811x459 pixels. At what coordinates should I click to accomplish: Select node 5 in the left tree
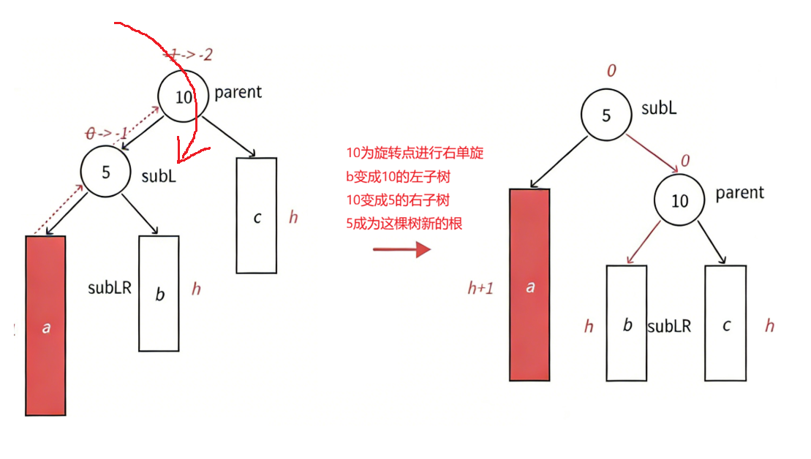(x=106, y=172)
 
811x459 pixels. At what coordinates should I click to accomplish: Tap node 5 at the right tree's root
(x=606, y=115)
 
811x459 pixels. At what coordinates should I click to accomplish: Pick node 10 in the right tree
(x=680, y=200)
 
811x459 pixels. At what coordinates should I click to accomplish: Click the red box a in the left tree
(x=45, y=325)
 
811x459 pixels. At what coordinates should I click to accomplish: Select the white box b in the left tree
(x=159, y=293)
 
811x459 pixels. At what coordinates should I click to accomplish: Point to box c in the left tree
(x=257, y=216)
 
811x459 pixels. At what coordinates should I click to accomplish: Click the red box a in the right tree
(x=529, y=285)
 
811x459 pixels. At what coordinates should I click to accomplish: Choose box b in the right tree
(x=627, y=323)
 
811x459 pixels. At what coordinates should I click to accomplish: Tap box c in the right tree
(x=725, y=323)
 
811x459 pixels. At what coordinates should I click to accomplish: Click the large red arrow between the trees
(x=401, y=249)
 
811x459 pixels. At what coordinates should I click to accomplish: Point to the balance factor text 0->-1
(x=107, y=133)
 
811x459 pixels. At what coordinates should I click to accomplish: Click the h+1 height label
(x=480, y=288)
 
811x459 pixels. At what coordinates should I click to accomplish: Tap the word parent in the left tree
(x=238, y=92)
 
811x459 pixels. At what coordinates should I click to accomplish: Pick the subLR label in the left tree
(x=110, y=287)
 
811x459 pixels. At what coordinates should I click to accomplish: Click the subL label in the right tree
(x=659, y=108)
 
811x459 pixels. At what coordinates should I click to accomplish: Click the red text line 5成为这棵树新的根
(x=404, y=224)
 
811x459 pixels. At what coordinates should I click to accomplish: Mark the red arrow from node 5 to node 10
(x=651, y=152)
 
